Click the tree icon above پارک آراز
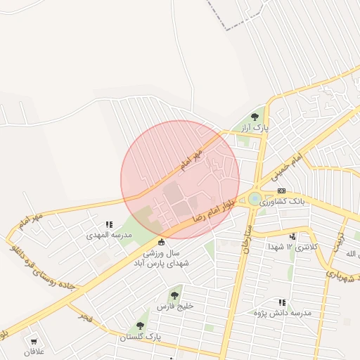click(255, 117)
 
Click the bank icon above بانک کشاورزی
click(282, 191)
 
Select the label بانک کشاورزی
click(285, 202)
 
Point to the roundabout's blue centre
click(254, 200)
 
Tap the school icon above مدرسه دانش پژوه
click(282, 302)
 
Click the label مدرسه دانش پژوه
click(282, 312)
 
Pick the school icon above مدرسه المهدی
click(109, 224)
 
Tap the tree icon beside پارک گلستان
click(140, 326)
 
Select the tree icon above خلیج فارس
click(174, 296)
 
